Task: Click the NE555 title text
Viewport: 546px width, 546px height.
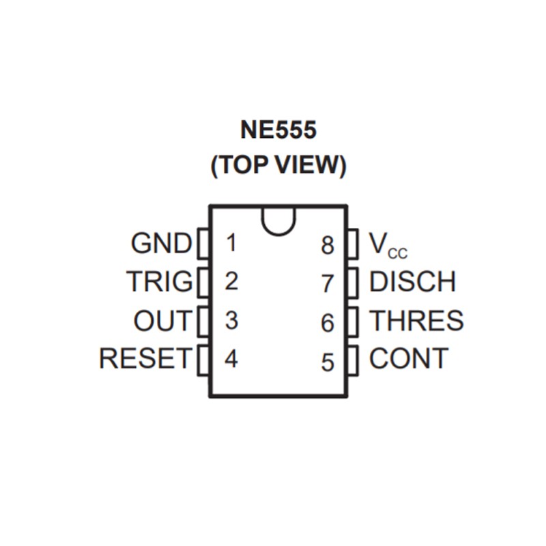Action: coord(278,130)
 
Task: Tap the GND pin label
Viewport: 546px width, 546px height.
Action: coord(161,243)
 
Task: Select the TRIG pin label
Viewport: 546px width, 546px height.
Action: coord(160,281)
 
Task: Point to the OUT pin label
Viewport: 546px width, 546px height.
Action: coord(162,320)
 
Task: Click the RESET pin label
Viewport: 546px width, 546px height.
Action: coord(145,358)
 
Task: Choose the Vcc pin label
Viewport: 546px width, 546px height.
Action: coord(388,245)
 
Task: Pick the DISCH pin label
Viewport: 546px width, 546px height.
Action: coord(412,281)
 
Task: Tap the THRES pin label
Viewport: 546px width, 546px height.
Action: coord(416,320)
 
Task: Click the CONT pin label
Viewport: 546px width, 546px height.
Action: coord(409,358)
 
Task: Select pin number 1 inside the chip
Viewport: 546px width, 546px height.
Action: coord(231,242)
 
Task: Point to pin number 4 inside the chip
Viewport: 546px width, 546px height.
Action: coord(231,359)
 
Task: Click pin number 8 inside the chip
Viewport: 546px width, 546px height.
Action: coord(328,246)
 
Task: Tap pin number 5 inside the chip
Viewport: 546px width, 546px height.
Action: coord(328,362)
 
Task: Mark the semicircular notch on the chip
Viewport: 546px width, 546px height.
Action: coord(278,234)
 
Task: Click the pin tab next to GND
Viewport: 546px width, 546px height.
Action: coord(203,244)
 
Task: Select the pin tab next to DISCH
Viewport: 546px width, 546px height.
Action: coord(353,283)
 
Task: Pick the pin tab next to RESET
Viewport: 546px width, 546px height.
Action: coord(203,360)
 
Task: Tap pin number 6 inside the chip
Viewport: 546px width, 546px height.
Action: coord(328,323)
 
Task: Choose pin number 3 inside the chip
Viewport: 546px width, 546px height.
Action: coord(231,320)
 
